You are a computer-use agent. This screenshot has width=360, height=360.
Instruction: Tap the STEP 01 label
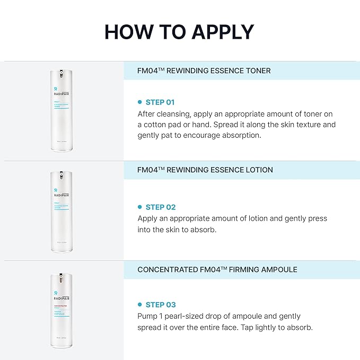(160, 102)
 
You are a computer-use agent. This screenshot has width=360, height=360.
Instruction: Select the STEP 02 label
(160, 207)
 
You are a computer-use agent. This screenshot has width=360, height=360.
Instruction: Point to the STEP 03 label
(160, 304)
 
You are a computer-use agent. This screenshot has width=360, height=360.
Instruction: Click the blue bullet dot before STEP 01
(140, 102)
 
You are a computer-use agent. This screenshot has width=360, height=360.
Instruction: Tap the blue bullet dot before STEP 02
(140, 207)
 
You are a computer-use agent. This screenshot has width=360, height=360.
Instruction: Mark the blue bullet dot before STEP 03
(140, 304)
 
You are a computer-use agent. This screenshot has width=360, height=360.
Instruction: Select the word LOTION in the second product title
(257, 170)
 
